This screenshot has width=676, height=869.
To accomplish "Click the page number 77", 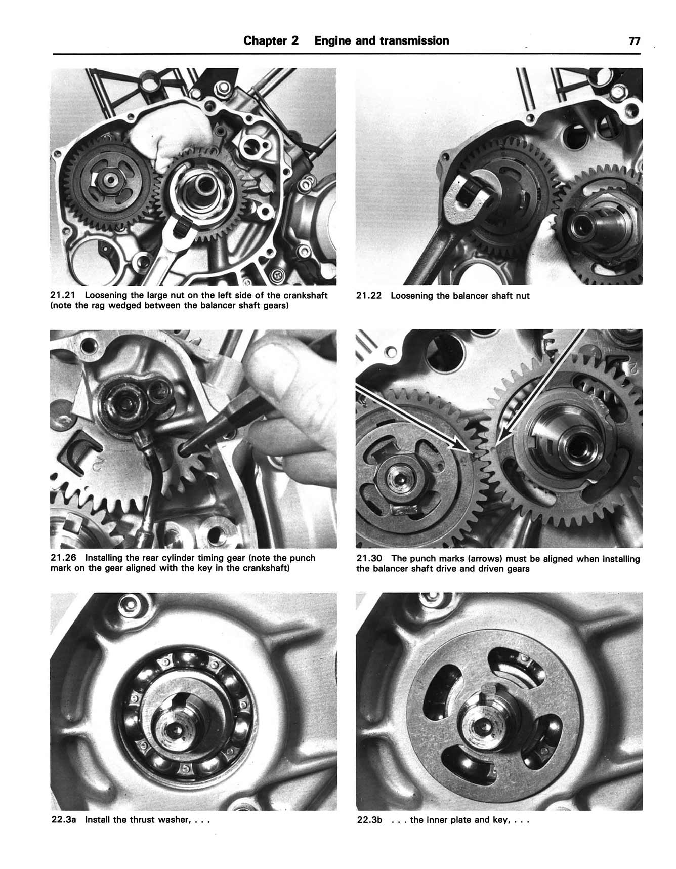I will [x=635, y=41].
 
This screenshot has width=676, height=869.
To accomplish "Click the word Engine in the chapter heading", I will [x=332, y=40].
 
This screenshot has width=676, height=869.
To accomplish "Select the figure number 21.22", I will [x=369, y=296].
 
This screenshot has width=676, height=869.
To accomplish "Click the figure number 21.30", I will [x=369, y=559].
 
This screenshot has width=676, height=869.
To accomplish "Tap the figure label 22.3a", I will [x=64, y=819].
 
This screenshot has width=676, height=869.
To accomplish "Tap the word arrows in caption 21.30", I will [x=487, y=559].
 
